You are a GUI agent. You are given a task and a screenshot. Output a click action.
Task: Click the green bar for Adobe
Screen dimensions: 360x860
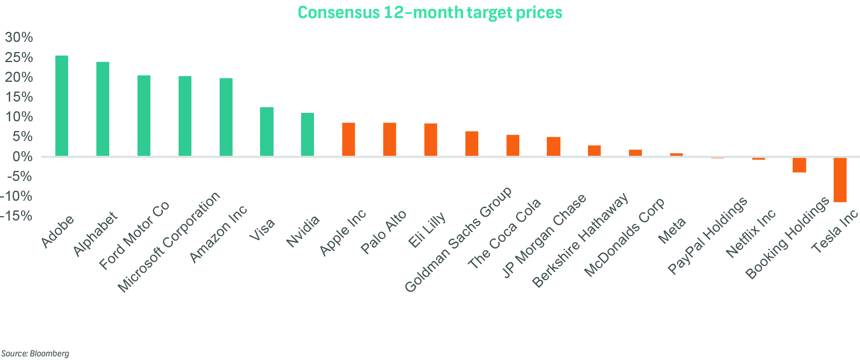(x=62, y=106)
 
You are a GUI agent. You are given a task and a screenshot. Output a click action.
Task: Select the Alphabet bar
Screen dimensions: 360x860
(x=103, y=109)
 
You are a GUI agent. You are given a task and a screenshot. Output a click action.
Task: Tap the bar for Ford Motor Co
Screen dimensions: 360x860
(x=144, y=116)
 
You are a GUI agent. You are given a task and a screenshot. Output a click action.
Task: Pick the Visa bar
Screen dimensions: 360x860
(x=267, y=131)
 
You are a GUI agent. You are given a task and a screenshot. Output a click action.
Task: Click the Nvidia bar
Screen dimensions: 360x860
(x=308, y=134)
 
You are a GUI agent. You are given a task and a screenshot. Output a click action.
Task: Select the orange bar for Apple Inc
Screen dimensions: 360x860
(x=349, y=139)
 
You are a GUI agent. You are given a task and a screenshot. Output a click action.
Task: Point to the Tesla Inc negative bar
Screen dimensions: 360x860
(x=840, y=180)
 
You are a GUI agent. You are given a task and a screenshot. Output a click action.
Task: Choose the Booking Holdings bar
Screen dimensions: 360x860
(x=799, y=165)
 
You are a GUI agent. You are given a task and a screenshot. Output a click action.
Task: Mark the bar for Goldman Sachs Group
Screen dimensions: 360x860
(x=472, y=144)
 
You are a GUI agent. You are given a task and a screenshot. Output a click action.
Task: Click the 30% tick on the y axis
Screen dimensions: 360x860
(x=19, y=37)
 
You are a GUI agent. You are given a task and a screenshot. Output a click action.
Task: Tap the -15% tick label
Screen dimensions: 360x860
(x=17, y=216)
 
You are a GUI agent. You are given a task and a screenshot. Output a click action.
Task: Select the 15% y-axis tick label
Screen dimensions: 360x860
(x=19, y=97)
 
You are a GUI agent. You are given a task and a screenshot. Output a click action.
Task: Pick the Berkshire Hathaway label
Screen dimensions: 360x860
(x=581, y=240)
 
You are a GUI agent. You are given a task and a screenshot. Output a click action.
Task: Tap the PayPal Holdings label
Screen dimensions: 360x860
(x=708, y=236)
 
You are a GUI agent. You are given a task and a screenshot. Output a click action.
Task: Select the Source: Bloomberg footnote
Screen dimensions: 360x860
(x=35, y=354)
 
